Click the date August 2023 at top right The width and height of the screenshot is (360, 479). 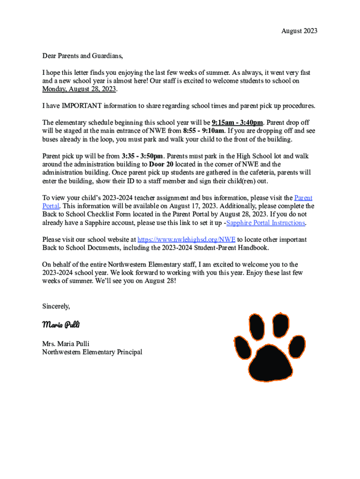[299, 31]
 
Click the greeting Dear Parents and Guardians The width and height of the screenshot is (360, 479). [82, 56]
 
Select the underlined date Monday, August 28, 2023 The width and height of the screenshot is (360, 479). [79, 89]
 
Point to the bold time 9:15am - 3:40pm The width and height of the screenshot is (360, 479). [237, 123]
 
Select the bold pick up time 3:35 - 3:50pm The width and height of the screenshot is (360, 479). [142, 156]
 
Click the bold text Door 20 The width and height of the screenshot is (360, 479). [161, 164]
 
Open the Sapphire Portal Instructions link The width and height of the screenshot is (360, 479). [265, 223]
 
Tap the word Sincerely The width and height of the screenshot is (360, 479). [56, 306]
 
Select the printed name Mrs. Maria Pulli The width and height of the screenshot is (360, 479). [65, 344]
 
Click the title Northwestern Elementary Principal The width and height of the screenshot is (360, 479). [92, 352]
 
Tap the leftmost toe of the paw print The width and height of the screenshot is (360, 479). [243, 345]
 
